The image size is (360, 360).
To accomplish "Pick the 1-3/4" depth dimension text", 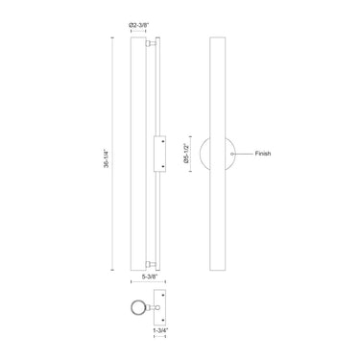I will coord(162,331).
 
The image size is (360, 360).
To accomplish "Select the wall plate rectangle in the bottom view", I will coord(162,308).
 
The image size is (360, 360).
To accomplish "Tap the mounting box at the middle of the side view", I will coord(160,153).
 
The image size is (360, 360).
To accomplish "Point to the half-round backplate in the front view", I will coord(211,153).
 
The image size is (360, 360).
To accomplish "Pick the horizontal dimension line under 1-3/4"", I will coord(162,324).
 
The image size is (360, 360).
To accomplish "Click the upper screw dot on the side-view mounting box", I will coord(164,141).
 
